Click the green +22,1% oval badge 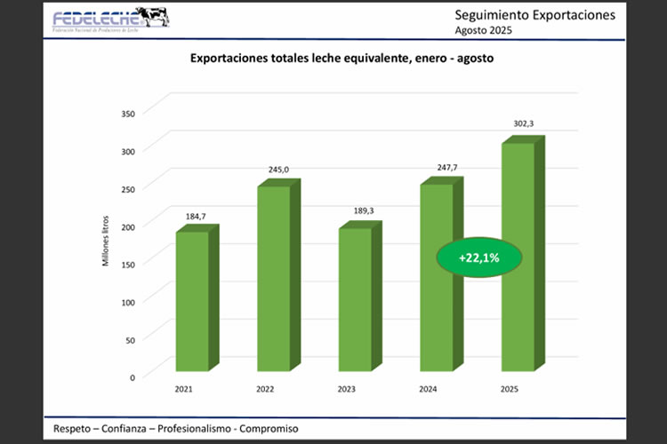pyautogui.click(x=478, y=258)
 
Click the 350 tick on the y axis pyautogui.click(x=129, y=113)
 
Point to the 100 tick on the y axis pyautogui.click(x=129, y=302)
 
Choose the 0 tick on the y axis pyautogui.click(x=133, y=377)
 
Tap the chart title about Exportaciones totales pyautogui.click(x=342, y=59)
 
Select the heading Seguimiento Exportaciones pyautogui.click(x=534, y=15)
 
